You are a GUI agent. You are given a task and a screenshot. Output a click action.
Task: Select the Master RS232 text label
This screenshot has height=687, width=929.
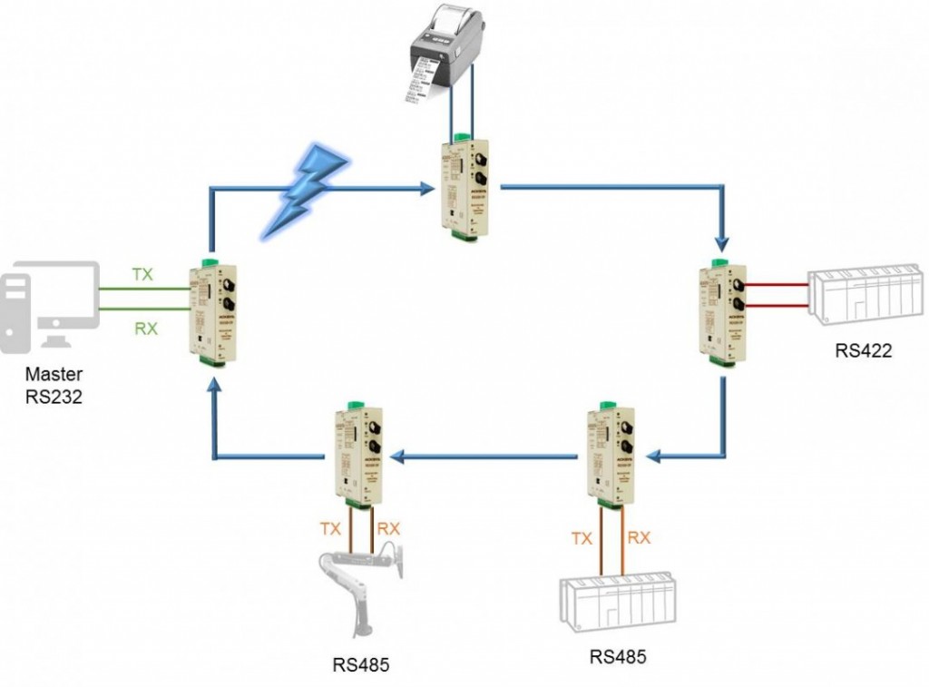pyautogui.click(x=54, y=384)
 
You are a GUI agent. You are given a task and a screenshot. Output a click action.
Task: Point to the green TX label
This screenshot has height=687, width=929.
pyautogui.click(x=143, y=274)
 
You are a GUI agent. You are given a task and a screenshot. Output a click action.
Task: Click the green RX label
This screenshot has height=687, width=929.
pyautogui.click(x=146, y=329)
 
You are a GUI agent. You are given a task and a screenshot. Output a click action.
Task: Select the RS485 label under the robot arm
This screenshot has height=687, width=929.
pyautogui.click(x=360, y=664)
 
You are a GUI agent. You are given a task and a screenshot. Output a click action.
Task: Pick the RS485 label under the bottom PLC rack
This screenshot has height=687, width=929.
pyautogui.click(x=619, y=656)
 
